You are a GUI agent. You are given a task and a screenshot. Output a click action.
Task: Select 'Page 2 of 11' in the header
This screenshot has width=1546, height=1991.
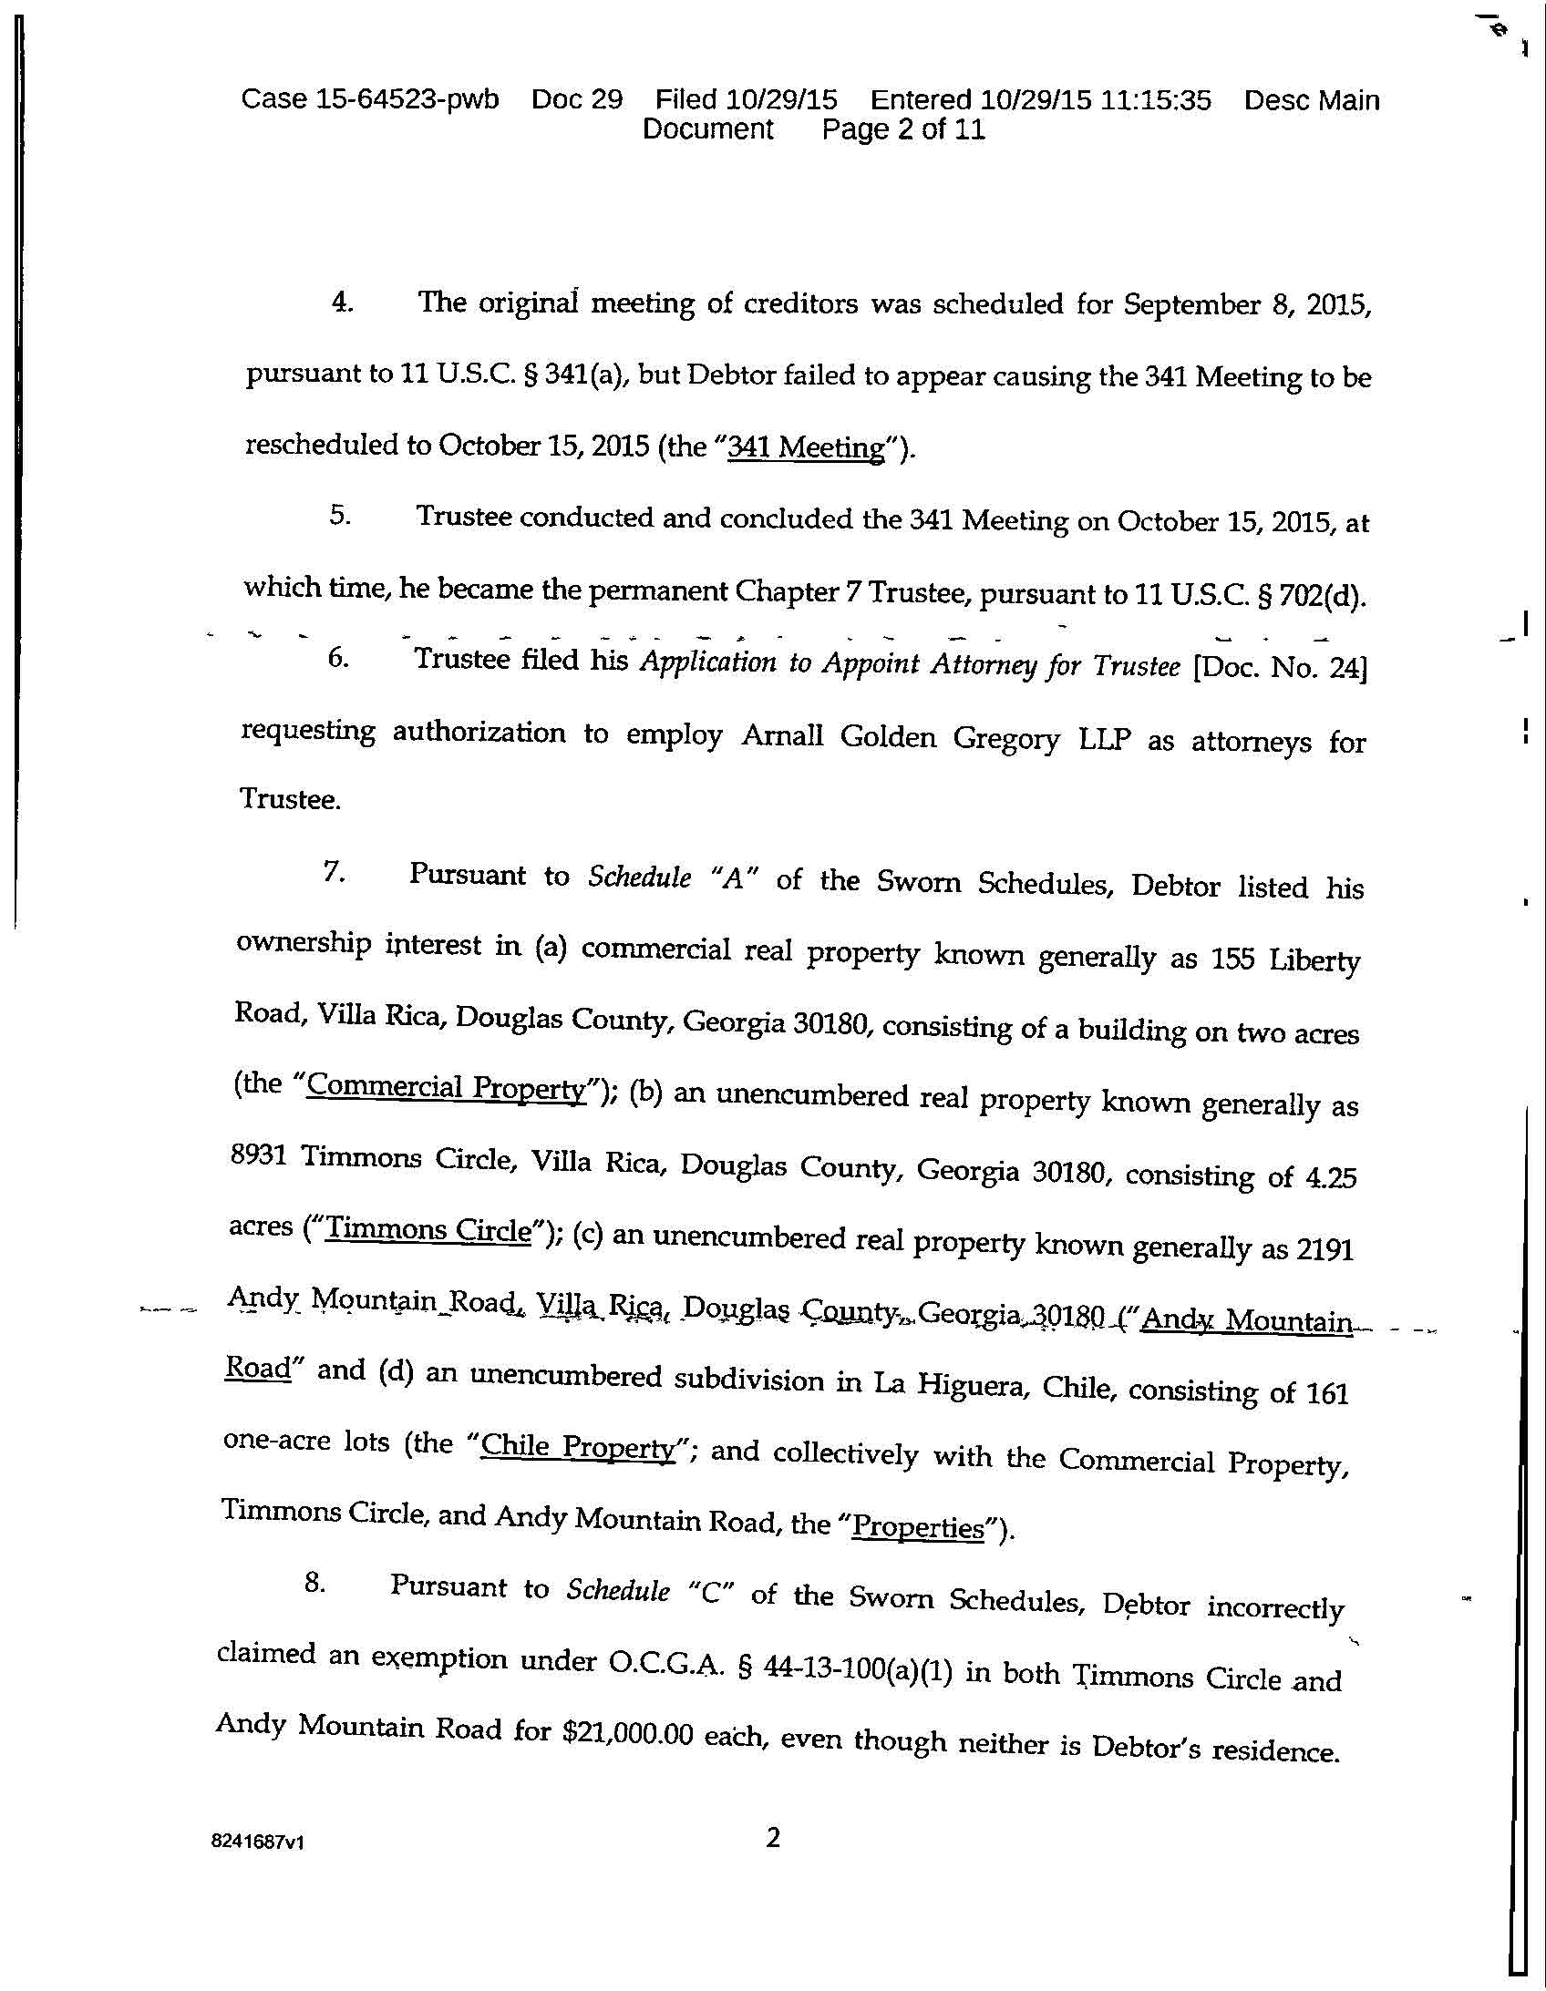pos(903,129)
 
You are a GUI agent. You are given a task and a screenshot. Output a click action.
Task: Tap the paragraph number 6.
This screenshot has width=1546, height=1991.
pos(337,658)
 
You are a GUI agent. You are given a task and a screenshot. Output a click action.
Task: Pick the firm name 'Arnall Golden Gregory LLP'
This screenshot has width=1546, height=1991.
pos(936,736)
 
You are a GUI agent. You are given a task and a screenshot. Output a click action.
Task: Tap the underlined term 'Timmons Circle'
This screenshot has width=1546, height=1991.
pos(428,1230)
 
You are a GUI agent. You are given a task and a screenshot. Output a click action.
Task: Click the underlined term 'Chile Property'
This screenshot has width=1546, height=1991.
pos(576,1447)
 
